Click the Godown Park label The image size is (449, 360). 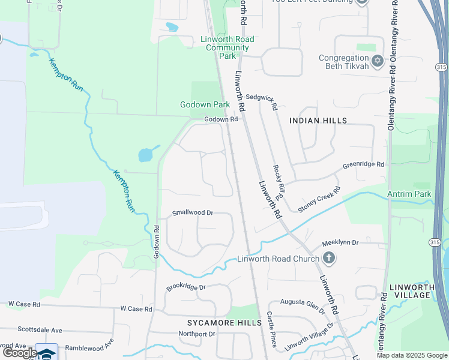click(205, 104)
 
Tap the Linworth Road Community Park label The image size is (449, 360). click(227, 47)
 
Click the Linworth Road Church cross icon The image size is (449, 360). click(328, 259)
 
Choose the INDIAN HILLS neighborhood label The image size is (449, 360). click(318, 121)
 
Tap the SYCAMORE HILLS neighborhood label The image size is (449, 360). click(220, 323)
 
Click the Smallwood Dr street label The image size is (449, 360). click(193, 212)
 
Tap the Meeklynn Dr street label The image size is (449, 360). click(340, 242)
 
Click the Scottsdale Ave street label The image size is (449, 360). click(40, 330)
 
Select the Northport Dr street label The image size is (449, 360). click(197, 334)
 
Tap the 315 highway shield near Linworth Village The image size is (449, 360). click(435, 242)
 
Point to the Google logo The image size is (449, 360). click(20, 353)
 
